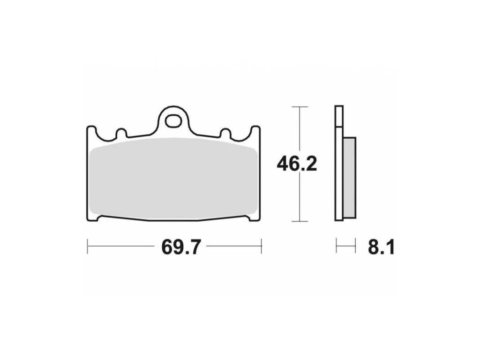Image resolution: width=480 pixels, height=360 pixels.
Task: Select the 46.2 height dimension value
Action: point(297,164)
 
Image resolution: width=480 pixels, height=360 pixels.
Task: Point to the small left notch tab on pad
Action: point(121,134)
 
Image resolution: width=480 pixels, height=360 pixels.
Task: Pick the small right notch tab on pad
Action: point(226,134)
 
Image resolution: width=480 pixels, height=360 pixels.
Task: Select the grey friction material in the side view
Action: point(350,178)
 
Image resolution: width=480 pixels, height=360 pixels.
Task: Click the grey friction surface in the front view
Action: point(173,178)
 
